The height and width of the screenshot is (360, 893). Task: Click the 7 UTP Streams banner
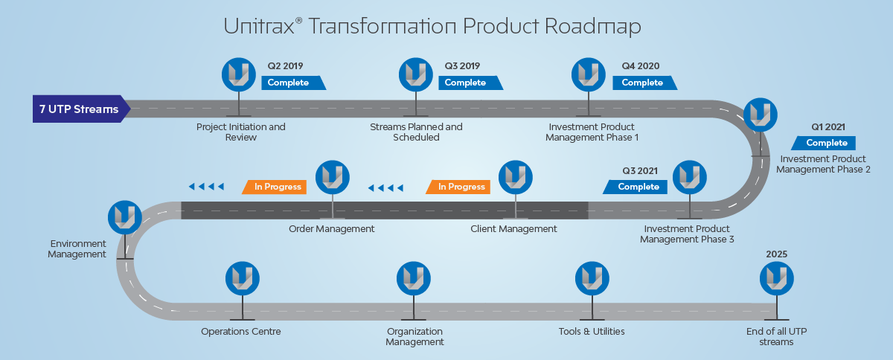pyautogui.click(x=79, y=109)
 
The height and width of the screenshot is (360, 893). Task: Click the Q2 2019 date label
pyautogui.click(x=286, y=65)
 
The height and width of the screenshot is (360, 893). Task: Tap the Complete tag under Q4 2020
pyautogui.click(x=642, y=83)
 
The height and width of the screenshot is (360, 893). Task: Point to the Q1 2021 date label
pyautogui.click(x=828, y=127)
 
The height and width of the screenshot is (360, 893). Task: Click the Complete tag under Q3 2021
pyautogui.click(x=638, y=187)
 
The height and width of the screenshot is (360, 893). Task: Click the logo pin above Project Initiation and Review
pyautogui.click(x=239, y=74)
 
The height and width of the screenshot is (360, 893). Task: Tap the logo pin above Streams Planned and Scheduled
pyautogui.click(x=416, y=74)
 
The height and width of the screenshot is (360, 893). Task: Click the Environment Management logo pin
pyautogui.click(x=125, y=217)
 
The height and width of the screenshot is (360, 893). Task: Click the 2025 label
pyautogui.click(x=776, y=254)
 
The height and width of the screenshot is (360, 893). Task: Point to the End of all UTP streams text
pyautogui.click(x=775, y=336)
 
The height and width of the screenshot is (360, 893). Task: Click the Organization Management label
pyautogui.click(x=415, y=336)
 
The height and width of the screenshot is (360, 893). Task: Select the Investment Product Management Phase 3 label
pyautogui.click(x=687, y=234)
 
